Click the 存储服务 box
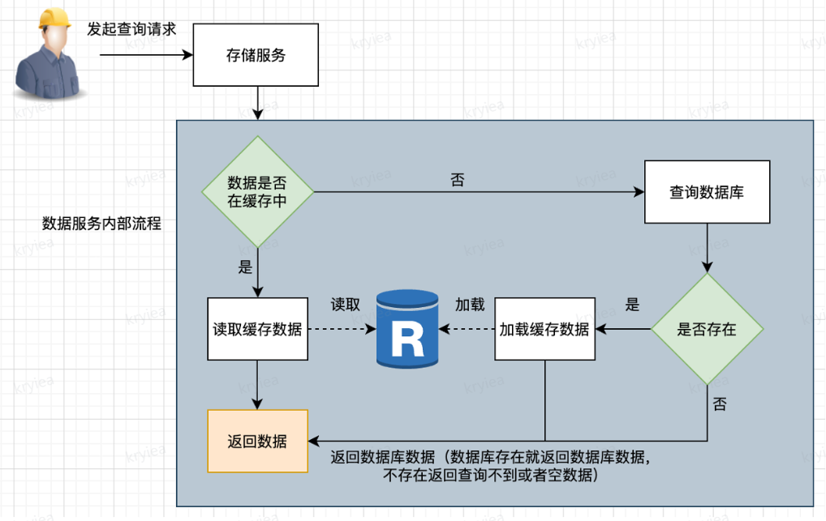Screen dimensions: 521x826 pos(255,56)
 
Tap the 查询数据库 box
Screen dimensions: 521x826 pos(707,192)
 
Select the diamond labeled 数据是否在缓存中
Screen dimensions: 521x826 pos(256,192)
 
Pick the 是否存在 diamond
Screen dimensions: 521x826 pos(707,329)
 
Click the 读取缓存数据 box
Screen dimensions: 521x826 pos(257,329)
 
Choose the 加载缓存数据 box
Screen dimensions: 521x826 pos(544,329)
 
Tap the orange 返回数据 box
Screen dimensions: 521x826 pos(257,442)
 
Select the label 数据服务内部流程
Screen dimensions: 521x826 pos(101,224)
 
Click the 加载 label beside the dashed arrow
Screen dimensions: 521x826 pos(469,305)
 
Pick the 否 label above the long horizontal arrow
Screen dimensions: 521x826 pos(458,180)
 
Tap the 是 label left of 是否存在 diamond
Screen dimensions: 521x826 pos(633,305)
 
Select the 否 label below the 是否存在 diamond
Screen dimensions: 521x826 pos(720,404)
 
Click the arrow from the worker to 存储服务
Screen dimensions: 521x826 pos(146,56)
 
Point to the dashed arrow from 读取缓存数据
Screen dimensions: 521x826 pos(341,330)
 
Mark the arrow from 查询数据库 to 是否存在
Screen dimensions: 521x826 pos(708,248)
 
